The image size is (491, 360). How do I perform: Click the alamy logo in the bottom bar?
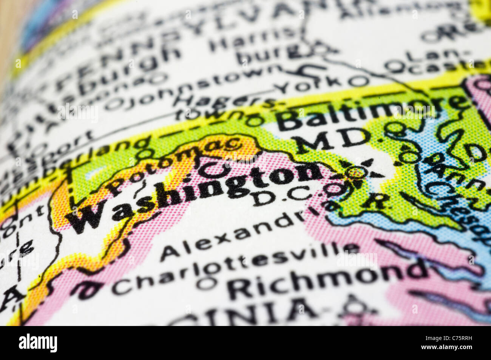[x=38, y=343]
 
